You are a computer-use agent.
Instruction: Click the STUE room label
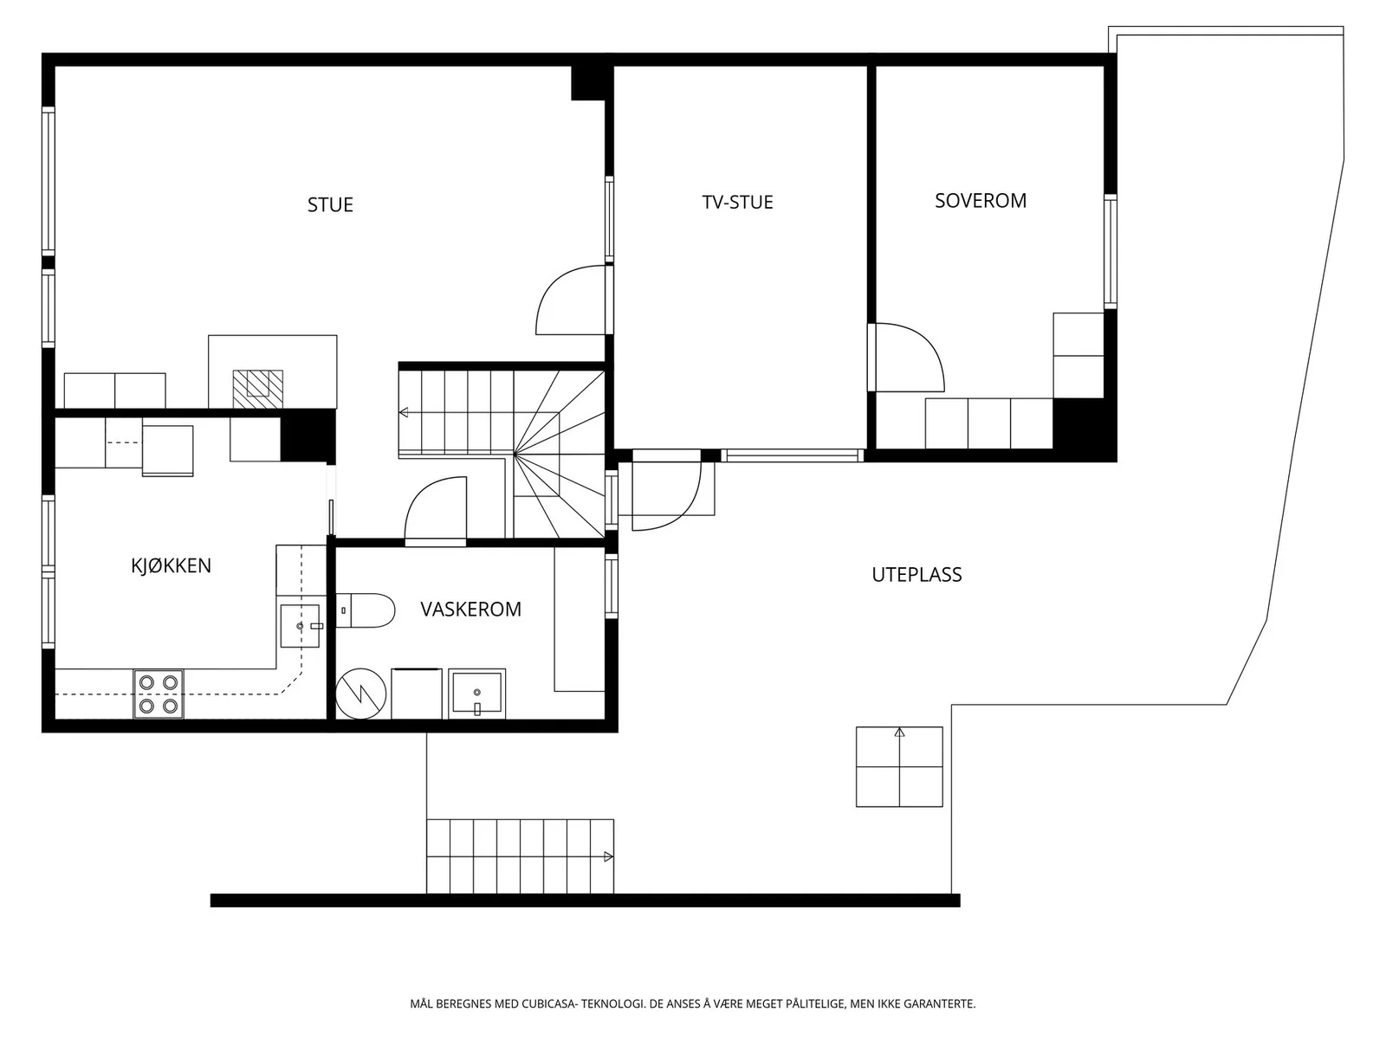pos(330,205)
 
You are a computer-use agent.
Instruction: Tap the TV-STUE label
pos(737,202)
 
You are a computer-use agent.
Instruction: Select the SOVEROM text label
pos(980,201)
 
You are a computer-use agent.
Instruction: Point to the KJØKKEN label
pos(171,565)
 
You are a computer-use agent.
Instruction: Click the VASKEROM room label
pos(470,609)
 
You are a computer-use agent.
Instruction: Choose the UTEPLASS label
pos(916,575)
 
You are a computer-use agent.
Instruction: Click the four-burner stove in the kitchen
pos(159,694)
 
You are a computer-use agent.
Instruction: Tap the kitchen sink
pos(300,626)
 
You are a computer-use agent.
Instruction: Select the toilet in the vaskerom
pos(365,610)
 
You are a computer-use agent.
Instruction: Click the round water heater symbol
pos(360,694)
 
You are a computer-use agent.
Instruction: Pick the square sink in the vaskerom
pos(476,694)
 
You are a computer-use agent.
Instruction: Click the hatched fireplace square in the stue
pos(257,389)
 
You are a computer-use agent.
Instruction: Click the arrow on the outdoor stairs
pos(609,856)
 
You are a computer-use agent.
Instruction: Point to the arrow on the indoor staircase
pos(404,413)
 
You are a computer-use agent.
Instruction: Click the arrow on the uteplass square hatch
pos(900,732)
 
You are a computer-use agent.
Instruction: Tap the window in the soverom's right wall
pos(1110,252)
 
